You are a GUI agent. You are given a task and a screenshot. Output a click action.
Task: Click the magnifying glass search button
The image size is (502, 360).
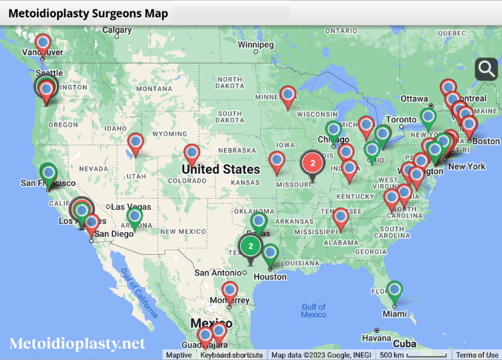[x=487, y=69]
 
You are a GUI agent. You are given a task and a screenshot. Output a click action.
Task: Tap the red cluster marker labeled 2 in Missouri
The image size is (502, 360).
[x=313, y=163]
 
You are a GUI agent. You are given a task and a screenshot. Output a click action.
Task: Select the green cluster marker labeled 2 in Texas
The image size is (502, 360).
[x=250, y=246]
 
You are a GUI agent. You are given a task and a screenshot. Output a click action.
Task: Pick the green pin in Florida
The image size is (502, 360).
[x=395, y=290]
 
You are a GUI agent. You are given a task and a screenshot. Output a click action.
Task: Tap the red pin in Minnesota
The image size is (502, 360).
[x=288, y=96]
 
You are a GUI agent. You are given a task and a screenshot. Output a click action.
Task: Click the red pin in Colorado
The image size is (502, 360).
[x=192, y=154]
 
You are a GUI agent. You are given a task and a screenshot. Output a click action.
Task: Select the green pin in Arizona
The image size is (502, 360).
[x=135, y=217]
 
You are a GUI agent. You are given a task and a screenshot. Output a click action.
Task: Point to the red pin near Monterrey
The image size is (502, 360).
[x=230, y=290]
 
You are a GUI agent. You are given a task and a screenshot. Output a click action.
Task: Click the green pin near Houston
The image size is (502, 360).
[x=270, y=254]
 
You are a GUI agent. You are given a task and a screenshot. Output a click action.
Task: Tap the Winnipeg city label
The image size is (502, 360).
[x=256, y=45]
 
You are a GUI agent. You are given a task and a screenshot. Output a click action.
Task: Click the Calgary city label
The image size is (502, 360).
[x=117, y=30]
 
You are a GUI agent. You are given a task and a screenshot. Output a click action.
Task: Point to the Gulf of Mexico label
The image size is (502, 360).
[x=313, y=311]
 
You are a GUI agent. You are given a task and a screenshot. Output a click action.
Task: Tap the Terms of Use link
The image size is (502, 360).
[x=477, y=355]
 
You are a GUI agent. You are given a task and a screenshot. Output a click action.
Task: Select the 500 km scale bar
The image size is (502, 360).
[x=412, y=355]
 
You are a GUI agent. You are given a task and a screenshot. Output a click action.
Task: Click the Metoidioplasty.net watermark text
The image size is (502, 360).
[x=77, y=343]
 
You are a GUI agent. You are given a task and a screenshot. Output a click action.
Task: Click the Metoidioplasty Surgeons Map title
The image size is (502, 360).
[x=88, y=13]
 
